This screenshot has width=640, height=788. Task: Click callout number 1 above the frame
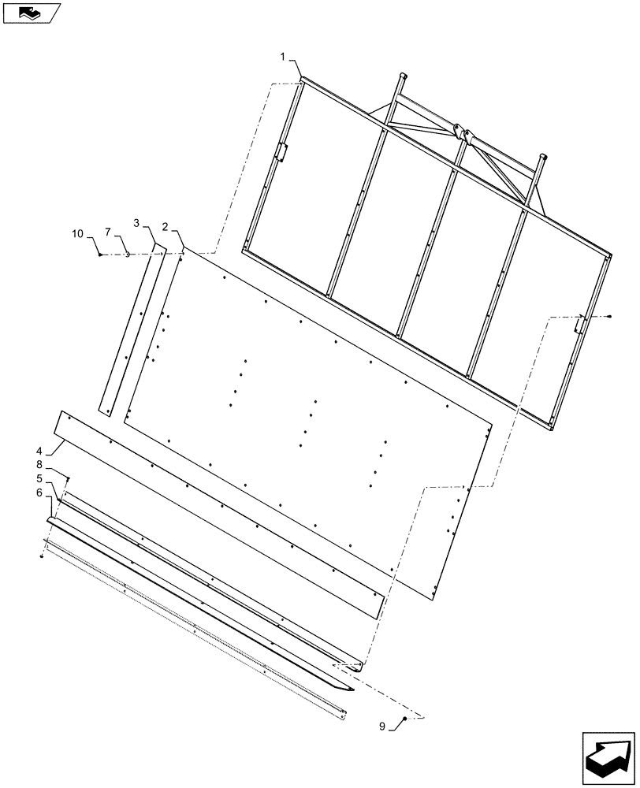coord(281,57)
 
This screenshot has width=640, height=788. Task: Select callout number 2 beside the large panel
coord(165,226)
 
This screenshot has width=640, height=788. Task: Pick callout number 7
coord(109,233)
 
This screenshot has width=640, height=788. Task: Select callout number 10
coord(77,233)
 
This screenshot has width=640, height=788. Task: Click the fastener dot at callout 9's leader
coord(404,719)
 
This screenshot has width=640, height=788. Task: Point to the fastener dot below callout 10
coord(100,255)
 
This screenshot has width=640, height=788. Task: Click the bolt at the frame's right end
coord(612,316)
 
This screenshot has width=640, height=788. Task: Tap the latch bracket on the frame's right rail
coord(579,324)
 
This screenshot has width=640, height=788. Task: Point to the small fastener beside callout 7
coord(128,255)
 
